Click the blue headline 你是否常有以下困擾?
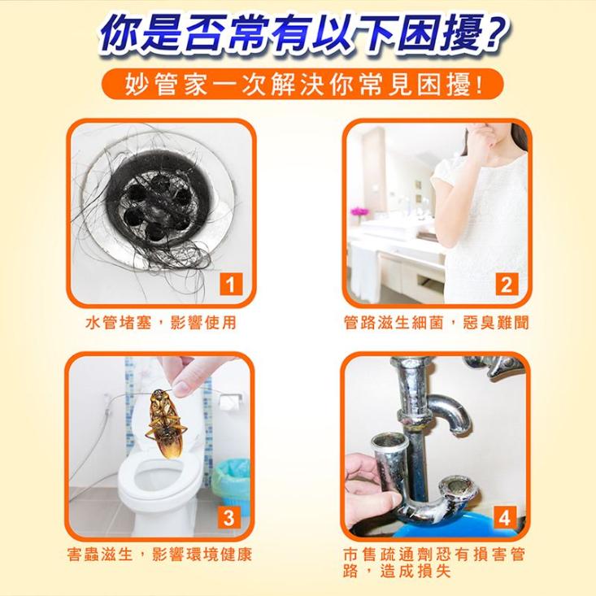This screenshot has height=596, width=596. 298,34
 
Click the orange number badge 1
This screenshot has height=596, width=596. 233,285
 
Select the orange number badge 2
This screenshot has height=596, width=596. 507,285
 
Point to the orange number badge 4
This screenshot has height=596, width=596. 505,517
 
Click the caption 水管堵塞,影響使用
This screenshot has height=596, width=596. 161,324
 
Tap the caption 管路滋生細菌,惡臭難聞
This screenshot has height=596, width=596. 436,324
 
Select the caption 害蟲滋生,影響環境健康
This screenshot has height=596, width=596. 159,555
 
